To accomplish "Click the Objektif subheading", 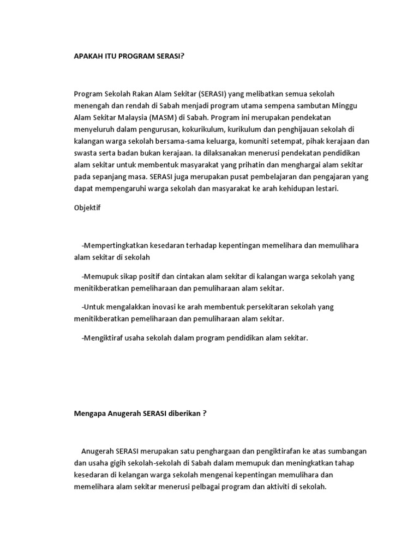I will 87,208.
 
